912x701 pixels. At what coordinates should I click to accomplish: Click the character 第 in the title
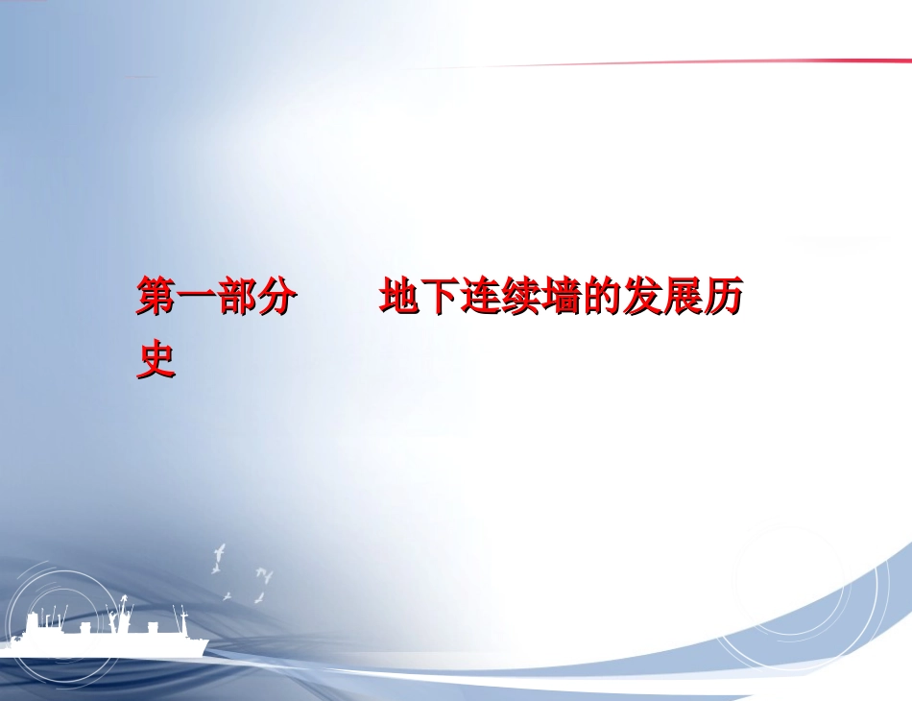(x=156, y=299)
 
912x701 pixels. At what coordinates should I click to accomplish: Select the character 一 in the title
(x=197, y=299)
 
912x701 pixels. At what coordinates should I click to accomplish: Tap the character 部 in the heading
(x=237, y=299)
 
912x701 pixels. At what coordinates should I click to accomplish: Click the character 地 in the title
(x=398, y=299)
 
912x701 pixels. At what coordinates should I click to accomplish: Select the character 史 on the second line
(x=156, y=359)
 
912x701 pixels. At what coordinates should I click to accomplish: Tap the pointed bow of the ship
(x=204, y=641)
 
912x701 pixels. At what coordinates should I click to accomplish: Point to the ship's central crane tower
(x=123, y=615)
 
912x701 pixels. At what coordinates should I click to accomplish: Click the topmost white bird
(x=220, y=552)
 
